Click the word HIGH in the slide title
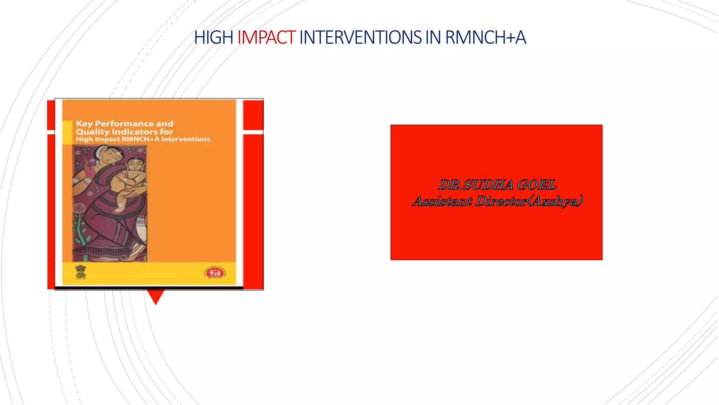click(213, 38)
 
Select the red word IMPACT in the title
click(266, 38)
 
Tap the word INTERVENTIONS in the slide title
click(360, 38)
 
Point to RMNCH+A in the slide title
click(486, 38)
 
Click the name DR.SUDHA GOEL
click(497, 185)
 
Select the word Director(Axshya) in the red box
click(529, 201)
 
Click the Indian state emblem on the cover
click(81, 272)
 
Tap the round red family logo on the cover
click(215, 272)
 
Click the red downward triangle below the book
click(156, 296)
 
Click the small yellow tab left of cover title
click(67, 132)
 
